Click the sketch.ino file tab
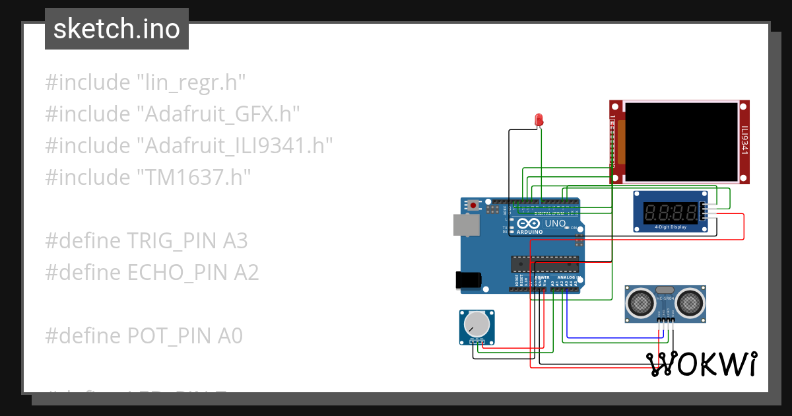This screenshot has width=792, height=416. pos(117,29)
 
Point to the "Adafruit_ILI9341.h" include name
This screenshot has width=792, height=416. pos(234,146)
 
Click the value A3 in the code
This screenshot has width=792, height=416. pos(235,241)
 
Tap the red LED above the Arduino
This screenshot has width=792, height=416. pos(539,120)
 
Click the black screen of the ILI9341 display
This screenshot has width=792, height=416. pos(681,142)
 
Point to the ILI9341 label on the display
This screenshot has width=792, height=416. pos(744,141)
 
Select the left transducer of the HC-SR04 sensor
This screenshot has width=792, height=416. pos(640,303)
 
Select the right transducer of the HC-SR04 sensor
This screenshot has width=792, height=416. pos(690,303)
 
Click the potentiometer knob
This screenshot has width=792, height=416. pos(477,324)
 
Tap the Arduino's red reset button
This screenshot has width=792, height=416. pos(473,205)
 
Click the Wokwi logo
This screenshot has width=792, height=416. pos(702,364)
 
